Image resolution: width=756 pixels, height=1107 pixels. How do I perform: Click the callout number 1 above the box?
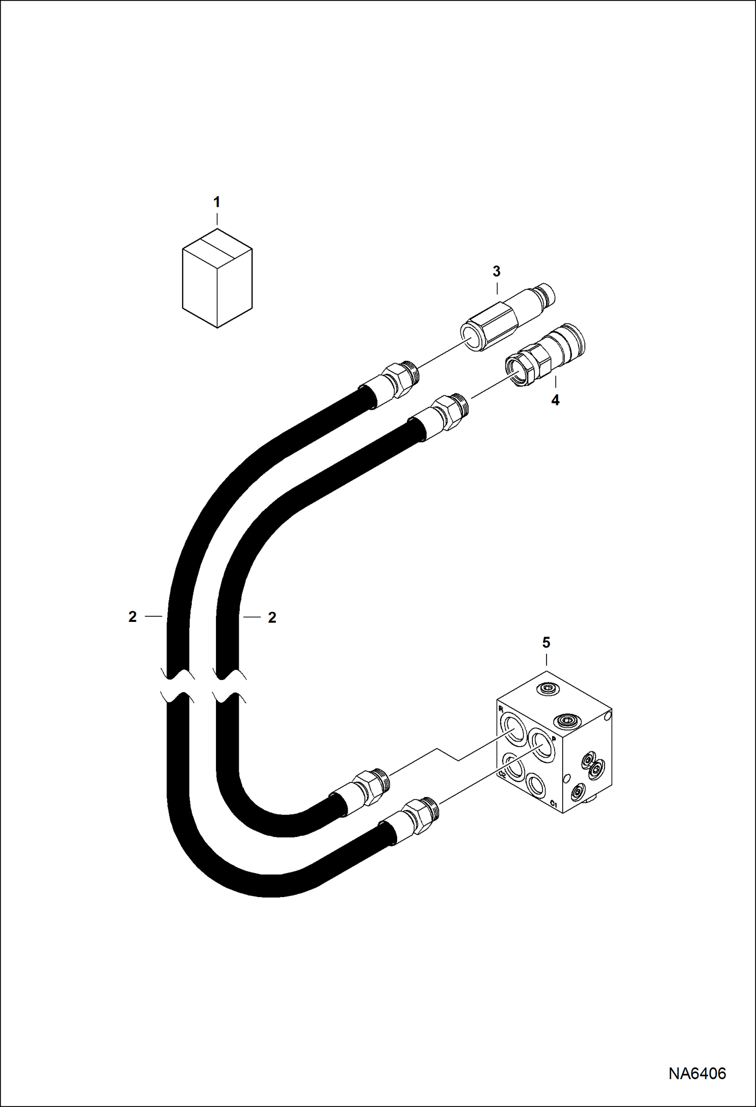217,202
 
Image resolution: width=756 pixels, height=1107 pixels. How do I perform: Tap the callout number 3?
497,272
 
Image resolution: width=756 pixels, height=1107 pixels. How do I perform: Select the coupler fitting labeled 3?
507,317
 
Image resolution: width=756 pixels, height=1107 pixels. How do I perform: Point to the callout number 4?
555,400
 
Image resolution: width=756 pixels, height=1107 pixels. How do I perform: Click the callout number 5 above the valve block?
546,643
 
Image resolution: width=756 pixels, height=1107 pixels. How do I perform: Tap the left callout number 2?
133,616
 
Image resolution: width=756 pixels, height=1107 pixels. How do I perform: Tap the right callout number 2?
272,617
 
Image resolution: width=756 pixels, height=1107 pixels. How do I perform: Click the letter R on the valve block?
501,709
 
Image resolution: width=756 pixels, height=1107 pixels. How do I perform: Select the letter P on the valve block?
554,739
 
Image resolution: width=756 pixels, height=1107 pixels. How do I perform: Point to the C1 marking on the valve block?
554,803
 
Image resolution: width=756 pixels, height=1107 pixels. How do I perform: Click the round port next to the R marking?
514,728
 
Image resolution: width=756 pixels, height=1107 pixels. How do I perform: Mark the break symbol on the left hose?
178,686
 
